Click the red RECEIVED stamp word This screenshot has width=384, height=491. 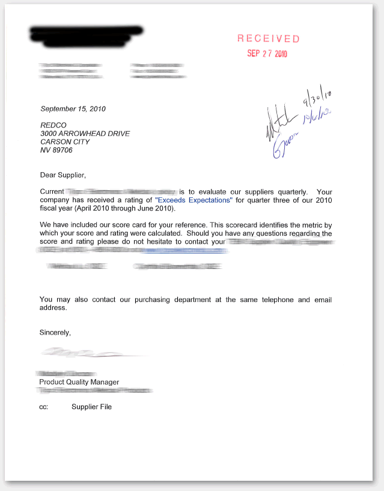tap(268, 39)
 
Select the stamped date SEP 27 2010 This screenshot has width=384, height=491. tap(267, 54)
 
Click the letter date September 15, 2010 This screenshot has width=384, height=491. tap(73, 109)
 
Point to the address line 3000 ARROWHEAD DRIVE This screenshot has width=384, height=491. tap(85, 134)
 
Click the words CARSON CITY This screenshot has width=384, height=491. tap(65, 142)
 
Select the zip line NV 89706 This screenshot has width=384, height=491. tap(56, 150)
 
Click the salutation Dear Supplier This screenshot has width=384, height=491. tap(62, 175)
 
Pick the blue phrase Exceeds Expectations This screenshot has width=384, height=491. tap(194, 200)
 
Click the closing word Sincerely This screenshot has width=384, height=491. tap(55, 332)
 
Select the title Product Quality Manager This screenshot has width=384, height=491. tap(79, 382)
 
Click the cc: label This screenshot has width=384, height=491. tap(43, 407)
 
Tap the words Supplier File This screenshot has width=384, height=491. tap(91, 407)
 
